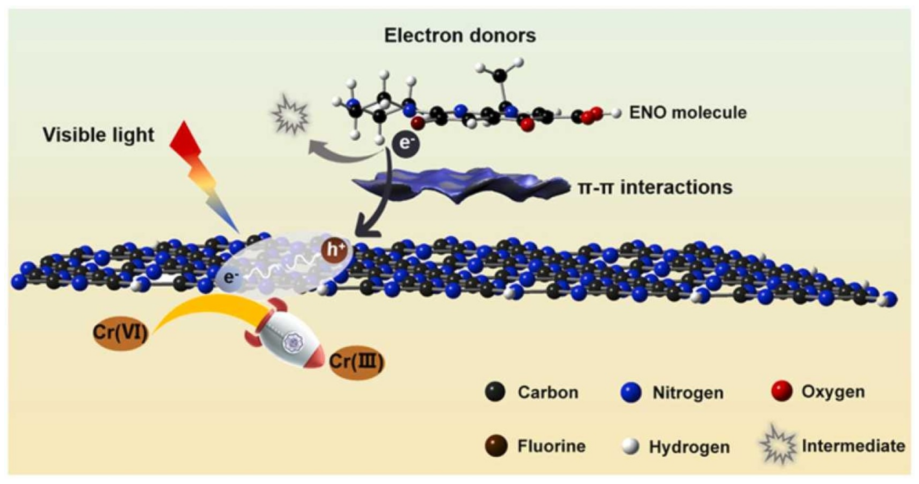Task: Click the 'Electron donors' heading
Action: coord(460,36)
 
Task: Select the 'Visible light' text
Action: coord(99,135)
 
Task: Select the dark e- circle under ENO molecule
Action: coord(406,144)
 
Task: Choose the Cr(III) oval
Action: coord(356,362)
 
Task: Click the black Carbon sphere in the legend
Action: coord(495,392)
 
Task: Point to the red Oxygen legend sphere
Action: coord(781,391)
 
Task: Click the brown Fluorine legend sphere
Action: coord(496,446)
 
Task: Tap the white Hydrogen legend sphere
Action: coord(630,446)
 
